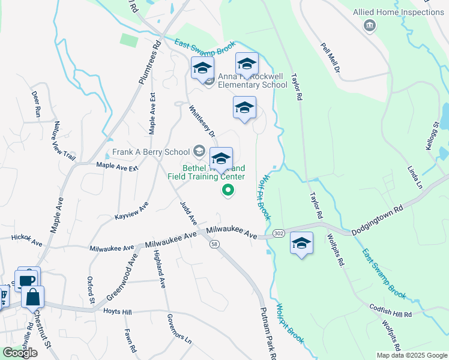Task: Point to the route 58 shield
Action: (x=214, y=244)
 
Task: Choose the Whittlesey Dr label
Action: (x=201, y=122)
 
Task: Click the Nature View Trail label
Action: (x=64, y=141)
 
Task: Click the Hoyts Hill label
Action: (x=117, y=312)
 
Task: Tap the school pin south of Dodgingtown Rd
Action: (x=302, y=243)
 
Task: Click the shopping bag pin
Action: (x=33, y=297)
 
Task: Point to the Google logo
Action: (x=20, y=353)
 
